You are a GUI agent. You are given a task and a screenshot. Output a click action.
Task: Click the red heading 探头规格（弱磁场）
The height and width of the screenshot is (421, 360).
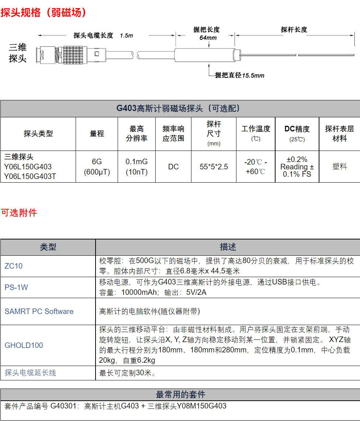(44, 13)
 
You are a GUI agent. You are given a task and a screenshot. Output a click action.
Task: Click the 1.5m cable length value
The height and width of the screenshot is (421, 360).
(126, 36)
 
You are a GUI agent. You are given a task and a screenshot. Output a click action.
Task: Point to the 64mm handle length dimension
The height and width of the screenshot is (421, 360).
(208, 38)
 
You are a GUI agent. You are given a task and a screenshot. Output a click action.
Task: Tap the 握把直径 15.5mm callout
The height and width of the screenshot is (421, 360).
(240, 75)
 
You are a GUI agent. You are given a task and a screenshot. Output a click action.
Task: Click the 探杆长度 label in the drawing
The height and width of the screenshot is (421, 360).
(294, 30)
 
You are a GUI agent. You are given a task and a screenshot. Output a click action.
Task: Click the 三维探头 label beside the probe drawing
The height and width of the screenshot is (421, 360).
(18, 53)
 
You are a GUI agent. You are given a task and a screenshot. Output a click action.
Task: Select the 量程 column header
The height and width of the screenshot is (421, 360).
(97, 134)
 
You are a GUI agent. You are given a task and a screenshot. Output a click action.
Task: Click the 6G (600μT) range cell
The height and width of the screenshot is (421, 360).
(97, 167)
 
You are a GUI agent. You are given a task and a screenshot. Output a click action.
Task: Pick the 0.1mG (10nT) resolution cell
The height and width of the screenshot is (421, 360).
(136, 167)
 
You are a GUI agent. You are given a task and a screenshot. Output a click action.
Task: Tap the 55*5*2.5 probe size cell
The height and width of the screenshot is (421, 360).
(214, 167)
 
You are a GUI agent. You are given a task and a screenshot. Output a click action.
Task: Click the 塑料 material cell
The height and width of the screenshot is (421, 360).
(339, 167)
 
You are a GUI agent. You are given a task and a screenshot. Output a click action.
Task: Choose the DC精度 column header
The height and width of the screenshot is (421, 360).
(297, 129)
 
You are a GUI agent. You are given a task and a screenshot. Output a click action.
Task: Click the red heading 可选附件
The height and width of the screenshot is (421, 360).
(19, 213)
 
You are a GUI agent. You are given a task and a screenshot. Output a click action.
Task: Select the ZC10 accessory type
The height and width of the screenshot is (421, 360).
(14, 266)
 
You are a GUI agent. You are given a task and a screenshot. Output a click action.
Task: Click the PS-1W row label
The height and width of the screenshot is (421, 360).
(16, 287)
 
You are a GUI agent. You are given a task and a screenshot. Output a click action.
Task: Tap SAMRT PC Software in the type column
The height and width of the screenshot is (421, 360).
(39, 311)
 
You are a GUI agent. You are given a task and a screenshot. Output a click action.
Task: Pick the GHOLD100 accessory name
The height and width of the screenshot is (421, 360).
(24, 345)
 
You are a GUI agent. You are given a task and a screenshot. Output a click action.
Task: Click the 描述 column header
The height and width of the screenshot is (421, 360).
(228, 247)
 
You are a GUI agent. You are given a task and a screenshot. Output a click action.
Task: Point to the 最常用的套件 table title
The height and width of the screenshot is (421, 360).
(180, 394)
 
